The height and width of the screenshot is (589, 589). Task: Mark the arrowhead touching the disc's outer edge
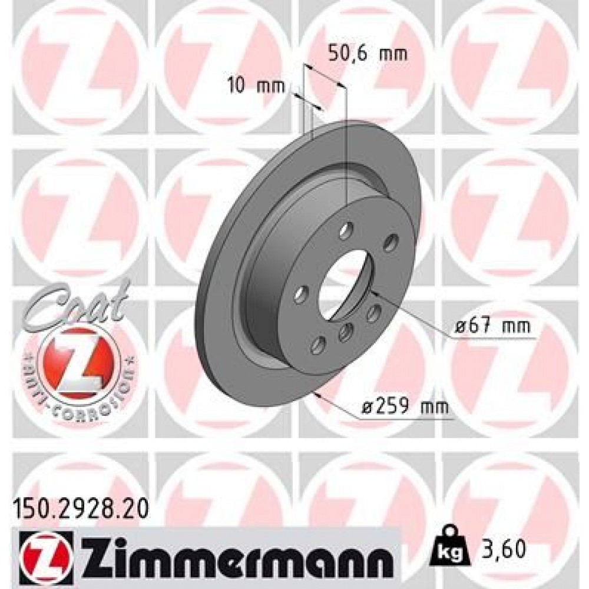318,394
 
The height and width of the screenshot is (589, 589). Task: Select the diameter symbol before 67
462,326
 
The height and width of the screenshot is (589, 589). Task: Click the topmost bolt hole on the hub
347,229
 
